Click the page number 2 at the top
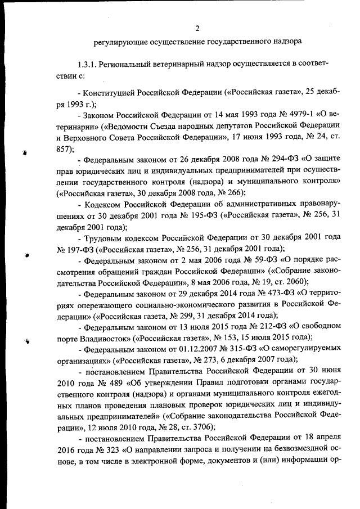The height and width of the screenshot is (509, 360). click(x=197, y=29)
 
